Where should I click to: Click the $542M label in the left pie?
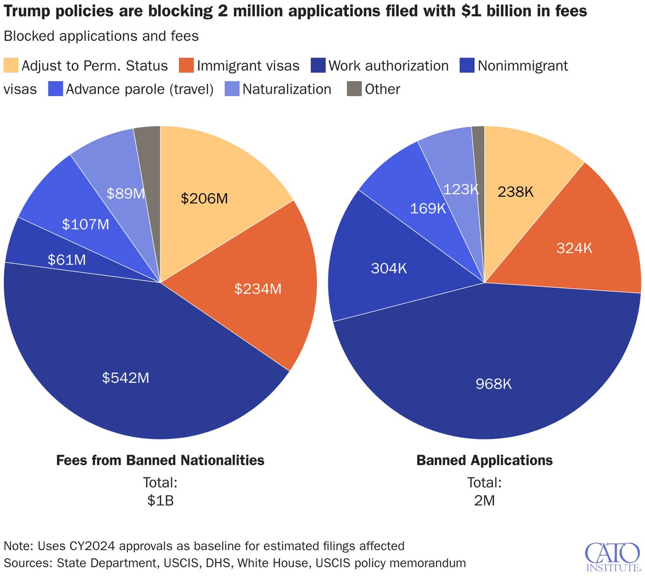point(126,378)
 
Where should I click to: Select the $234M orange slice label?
point(258,289)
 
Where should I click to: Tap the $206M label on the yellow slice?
point(204,199)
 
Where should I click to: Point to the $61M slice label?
point(67,260)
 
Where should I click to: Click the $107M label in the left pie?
point(85,224)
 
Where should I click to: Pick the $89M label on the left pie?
point(125,194)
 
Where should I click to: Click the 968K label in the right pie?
point(494,384)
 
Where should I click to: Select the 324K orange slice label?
point(575,248)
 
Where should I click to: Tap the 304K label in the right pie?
point(389,268)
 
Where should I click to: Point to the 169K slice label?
point(428,208)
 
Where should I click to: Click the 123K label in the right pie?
point(461,189)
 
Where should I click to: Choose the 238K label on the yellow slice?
point(515,191)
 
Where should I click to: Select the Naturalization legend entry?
point(286,89)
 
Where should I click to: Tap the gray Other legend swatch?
point(354,89)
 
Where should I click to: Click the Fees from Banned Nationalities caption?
point(160,460)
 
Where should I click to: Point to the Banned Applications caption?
point(484,460)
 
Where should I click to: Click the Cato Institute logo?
point(612,556)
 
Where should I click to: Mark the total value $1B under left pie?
point(160,501)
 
